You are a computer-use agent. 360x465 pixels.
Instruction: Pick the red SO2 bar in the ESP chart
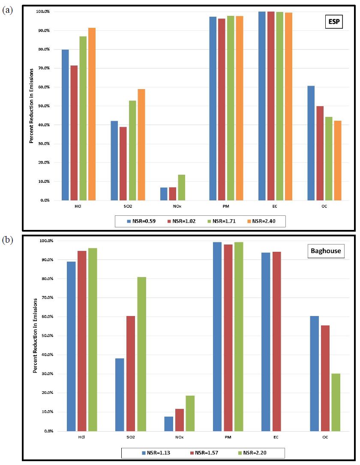(x=123, y=163)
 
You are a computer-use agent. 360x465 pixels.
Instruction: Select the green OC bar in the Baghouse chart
(x=336, y=402)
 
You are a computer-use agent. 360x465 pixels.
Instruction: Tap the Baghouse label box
(x=326, y=251)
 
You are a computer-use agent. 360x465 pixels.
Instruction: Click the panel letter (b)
(x=7, y=240)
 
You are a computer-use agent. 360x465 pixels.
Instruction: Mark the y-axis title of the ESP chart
(x=31, y=106)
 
